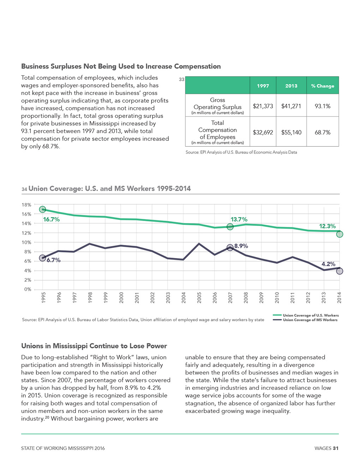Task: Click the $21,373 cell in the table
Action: tap(263, 106)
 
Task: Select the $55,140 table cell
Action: tap(291, 132)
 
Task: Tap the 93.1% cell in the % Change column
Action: tap(323, 106)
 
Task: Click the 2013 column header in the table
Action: tap(291, 86)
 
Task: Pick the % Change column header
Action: tap(323, 86)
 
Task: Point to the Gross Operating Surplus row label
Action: tap(217, 106)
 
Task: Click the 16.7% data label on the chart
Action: tap(51, 219)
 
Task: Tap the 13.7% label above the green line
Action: tap(239, 219)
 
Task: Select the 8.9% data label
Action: tap(241, 246)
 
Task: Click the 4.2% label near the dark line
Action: tap(328, 264)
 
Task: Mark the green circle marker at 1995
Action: tap(42, 209)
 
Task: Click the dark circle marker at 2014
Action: tap(340, 271)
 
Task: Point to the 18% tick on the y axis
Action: tap(26, 205)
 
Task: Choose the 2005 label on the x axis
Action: tap(199, 298)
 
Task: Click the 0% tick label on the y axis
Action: tap(28, 289)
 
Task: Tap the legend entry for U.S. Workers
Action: tap(306, 315)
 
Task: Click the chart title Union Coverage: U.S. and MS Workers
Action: tap(109, 189)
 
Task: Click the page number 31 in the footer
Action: tap(336, 448)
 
